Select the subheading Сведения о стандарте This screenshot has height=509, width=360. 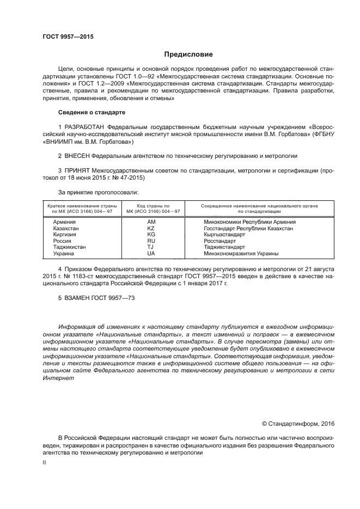click(91, 112)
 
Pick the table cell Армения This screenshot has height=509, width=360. click(64, 222)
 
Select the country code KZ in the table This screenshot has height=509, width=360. click(151, 229)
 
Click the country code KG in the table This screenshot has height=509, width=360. click(151, 235)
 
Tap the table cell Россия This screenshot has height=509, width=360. click(62, 241)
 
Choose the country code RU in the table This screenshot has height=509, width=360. click(151, 241)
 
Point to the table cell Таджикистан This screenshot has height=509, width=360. click(69, 247)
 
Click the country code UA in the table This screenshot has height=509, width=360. click(151, 253)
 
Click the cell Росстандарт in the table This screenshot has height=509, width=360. click(219, 241)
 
